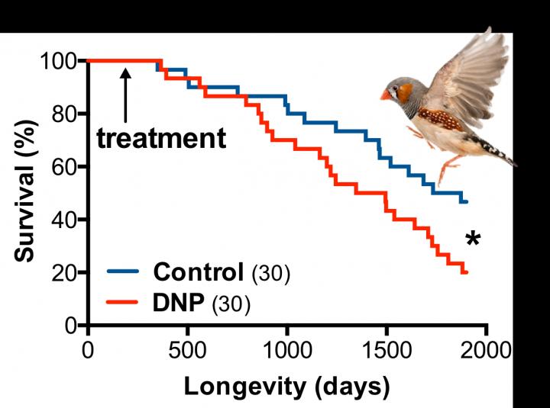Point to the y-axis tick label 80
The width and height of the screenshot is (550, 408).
(66, 114)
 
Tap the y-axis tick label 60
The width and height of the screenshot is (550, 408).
(66, 167)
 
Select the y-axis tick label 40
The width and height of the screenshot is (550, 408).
(66, 220)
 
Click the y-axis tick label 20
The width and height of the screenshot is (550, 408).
(66, 272)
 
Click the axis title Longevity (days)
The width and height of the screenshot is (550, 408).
(286, 386)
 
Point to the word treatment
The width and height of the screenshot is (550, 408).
(161, 138)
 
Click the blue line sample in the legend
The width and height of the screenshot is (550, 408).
(122, 272)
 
